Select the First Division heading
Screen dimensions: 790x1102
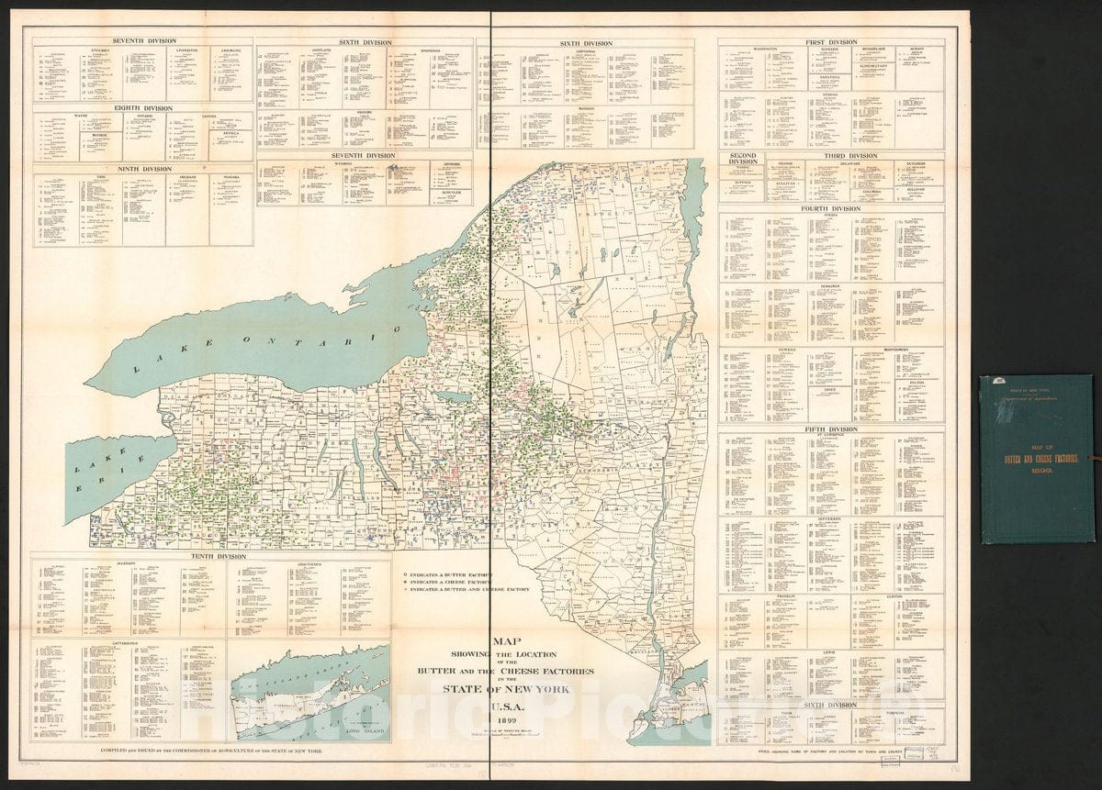pos(831,42)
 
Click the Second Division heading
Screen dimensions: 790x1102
pos(743,160)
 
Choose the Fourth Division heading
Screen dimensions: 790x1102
pos(831,208)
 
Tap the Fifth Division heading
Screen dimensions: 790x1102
pos(831,428)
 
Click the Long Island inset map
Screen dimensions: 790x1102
pos(309,691)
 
